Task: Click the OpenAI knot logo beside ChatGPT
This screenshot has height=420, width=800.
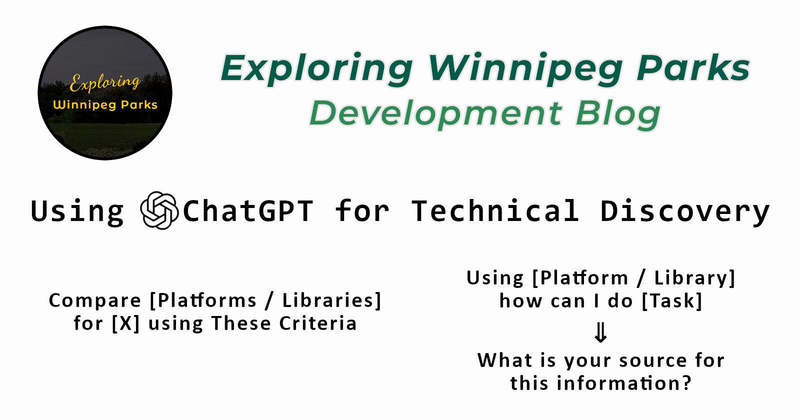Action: point(159,210)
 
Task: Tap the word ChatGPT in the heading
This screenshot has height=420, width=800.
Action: point(248,211)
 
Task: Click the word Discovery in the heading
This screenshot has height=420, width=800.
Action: point(684,212)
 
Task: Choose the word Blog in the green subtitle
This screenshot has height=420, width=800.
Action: point(618,113)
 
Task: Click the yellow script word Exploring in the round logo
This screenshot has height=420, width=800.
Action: point(104,83)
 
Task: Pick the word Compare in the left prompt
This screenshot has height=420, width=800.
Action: point(94,300)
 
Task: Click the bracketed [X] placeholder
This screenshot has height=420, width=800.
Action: point(125,323)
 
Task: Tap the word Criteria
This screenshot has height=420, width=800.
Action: point(318,323)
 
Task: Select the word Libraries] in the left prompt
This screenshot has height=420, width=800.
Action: point(332,300)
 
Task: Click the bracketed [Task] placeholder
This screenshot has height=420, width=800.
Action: point(672,300)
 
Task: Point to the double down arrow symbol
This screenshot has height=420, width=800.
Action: point(600,332)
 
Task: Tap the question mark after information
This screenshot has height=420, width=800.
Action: point(687,383)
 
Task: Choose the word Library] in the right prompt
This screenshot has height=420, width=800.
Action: point(694,278)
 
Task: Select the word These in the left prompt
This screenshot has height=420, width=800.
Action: point(241,323)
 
